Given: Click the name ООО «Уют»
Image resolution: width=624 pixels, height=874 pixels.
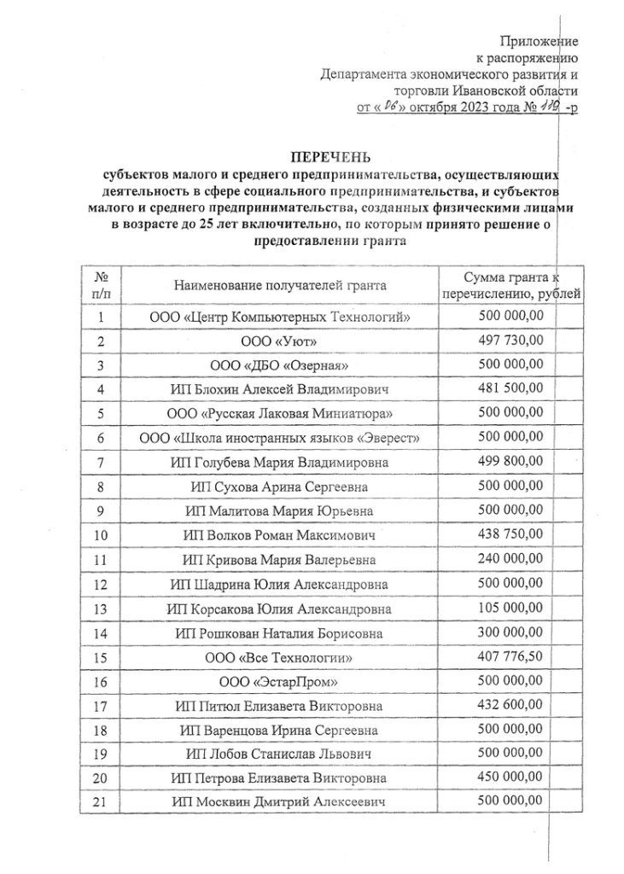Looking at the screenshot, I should pos(279,341).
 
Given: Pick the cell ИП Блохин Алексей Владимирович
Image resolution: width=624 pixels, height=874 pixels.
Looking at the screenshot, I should pos(279,390).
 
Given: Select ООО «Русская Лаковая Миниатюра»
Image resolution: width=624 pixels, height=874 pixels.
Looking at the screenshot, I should pos(279,414).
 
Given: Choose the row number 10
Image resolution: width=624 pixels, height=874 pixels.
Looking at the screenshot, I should pos(101,536).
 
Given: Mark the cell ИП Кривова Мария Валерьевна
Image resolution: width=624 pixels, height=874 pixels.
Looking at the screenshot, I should pos(279,561).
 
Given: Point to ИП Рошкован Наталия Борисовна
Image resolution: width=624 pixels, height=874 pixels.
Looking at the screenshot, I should pos(279,633).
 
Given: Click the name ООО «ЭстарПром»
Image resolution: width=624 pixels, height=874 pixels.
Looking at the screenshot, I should pos(279,682).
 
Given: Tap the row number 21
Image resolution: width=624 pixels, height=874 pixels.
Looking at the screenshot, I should pos(101,802).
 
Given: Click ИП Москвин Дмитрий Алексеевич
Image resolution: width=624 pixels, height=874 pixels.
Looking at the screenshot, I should pos(279,802).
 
